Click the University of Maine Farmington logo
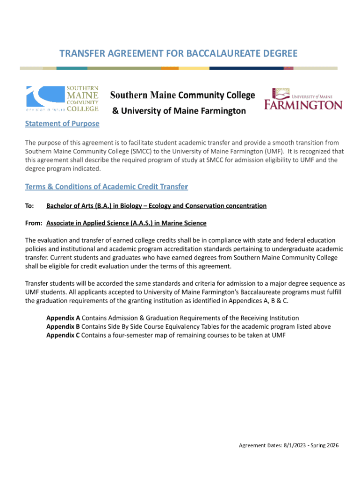[x=303, y=98]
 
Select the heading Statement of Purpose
[x=62, y=123]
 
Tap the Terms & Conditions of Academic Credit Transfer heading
[x=106, y=187]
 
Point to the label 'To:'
[x=29, y=206]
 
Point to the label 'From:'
[x=34, y=223]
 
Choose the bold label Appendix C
[x=63, y=335]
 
